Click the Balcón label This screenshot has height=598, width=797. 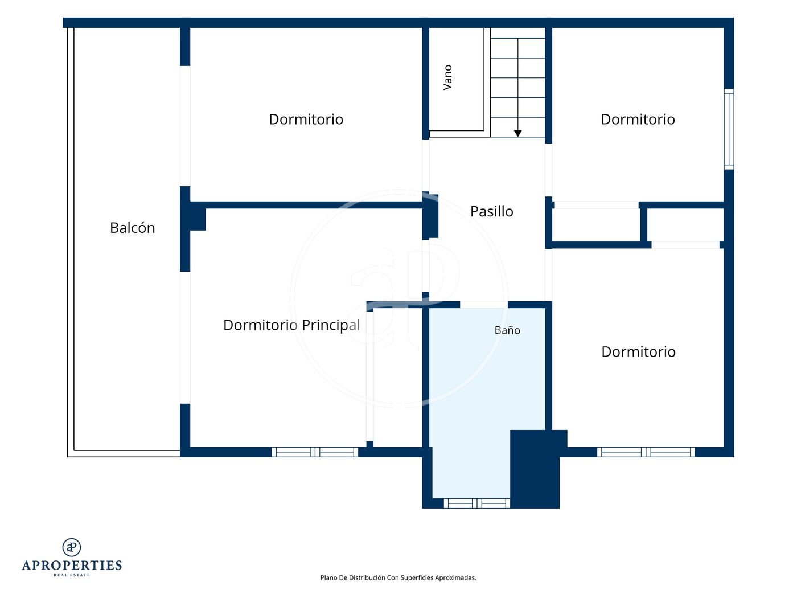coord(132,228)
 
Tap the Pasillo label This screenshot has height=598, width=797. coord(491,211)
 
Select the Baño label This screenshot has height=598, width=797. coord(507,330)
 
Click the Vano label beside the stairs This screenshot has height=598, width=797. coord(447,77)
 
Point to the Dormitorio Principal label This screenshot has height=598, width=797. coord(291,325)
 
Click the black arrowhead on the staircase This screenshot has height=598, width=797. coord(518,133)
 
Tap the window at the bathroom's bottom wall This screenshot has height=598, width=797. coord(476,503)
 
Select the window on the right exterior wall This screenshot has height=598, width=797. coord(729,129)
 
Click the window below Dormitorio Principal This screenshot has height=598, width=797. coord(315,452)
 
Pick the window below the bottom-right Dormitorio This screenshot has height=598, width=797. coord(646,452)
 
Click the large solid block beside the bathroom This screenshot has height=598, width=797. coord(535,469)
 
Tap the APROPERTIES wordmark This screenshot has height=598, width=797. coord(72,565)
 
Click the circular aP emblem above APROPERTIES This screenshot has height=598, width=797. coord(72,547)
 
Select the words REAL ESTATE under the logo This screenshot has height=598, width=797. coord(72,575)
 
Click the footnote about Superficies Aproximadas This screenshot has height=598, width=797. coord(398,577)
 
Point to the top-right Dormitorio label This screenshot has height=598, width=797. coord(638,120)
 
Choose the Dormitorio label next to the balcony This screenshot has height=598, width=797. coord(306,120)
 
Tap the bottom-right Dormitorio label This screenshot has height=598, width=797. coord(638,352)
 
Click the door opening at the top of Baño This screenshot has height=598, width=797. coord(484,305)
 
